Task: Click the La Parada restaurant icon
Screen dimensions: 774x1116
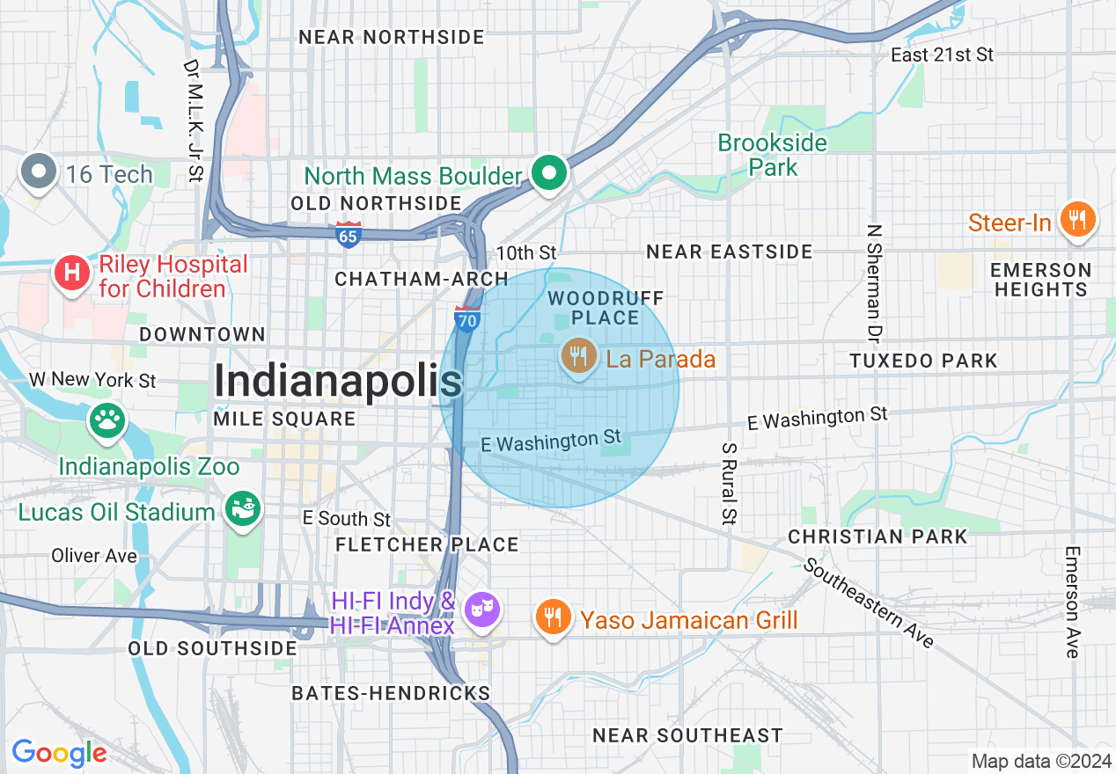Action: [577, 356]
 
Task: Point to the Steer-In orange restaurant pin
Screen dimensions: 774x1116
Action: [1076, 219]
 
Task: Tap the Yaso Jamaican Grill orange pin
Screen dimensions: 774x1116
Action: [552, 617]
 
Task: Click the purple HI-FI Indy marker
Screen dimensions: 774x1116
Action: [481, 610]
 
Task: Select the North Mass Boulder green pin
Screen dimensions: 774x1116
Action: [551, 172]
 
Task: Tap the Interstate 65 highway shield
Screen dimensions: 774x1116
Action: [349, 236]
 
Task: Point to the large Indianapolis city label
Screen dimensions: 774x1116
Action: [338, 382]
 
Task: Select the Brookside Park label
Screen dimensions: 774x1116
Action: [773, 155]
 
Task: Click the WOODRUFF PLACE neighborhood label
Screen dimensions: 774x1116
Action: [606, 308]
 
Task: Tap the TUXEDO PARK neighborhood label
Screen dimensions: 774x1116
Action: [923, 361]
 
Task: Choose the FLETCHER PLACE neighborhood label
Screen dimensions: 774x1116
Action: [427, 544]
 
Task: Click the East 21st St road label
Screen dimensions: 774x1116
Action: [942, 55]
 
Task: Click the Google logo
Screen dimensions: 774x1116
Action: [59, 752]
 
